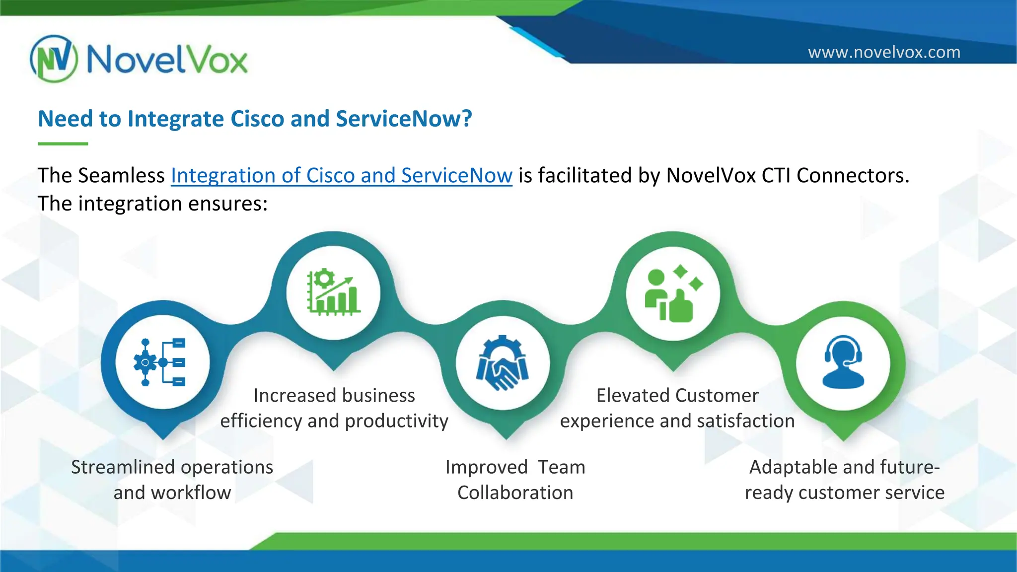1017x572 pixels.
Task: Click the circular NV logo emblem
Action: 54,59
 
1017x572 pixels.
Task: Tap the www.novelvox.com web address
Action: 884,52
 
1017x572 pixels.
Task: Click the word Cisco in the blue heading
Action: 257,119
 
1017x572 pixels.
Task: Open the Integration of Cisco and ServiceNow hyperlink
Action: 341,176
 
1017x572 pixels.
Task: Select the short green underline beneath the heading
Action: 63,143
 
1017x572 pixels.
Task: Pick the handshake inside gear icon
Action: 503,363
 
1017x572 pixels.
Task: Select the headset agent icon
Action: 843,362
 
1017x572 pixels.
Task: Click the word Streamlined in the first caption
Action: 122,467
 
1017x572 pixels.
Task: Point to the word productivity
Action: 396,421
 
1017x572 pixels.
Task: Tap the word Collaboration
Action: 515,493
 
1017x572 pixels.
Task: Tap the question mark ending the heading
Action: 466,119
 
